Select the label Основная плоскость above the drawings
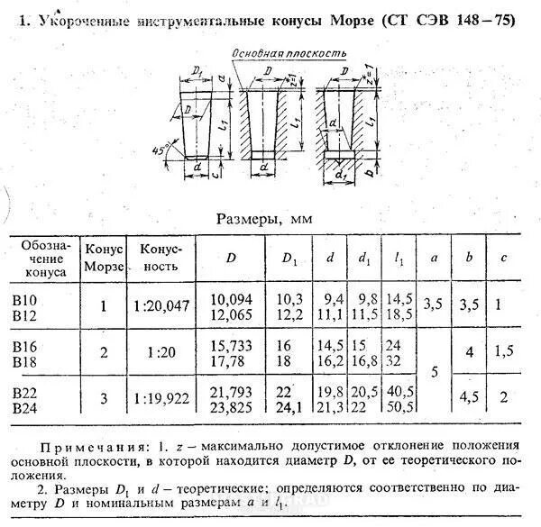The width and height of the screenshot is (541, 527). (x=289, y=54)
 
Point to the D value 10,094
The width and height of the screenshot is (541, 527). (x=232, y=298)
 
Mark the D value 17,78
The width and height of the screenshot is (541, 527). (x=232, y=361)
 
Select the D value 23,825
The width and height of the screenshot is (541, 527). (x=232, y=407)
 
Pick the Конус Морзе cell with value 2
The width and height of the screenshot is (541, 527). (x=103, y=353)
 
